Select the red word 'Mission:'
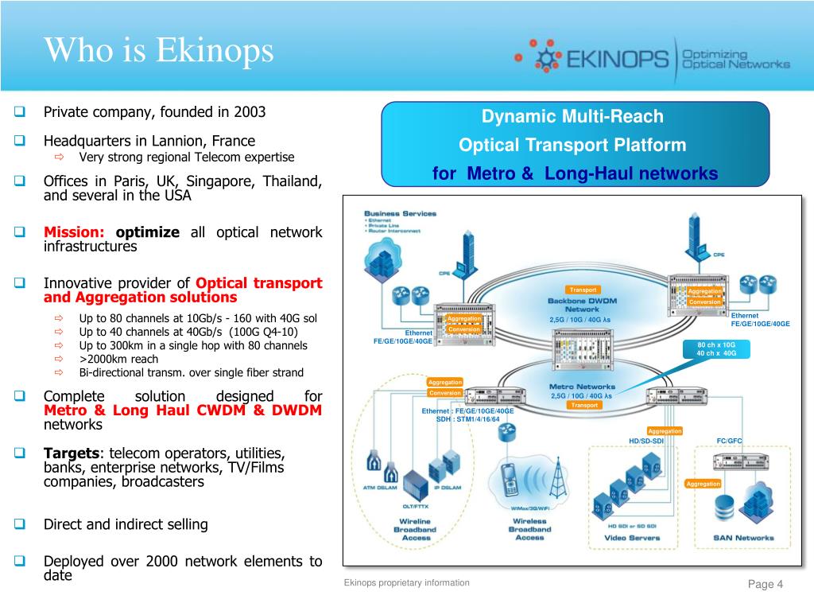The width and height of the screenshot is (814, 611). point(74,232)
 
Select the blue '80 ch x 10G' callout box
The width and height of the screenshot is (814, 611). point(716,349)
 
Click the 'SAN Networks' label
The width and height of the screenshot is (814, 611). point(742,538)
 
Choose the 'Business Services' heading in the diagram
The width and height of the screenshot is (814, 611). point(400,213)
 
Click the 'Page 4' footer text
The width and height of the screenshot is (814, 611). point(766,586)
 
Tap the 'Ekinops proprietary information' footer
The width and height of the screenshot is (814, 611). point(406,583)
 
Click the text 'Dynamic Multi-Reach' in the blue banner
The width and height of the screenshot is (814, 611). point(572,117)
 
